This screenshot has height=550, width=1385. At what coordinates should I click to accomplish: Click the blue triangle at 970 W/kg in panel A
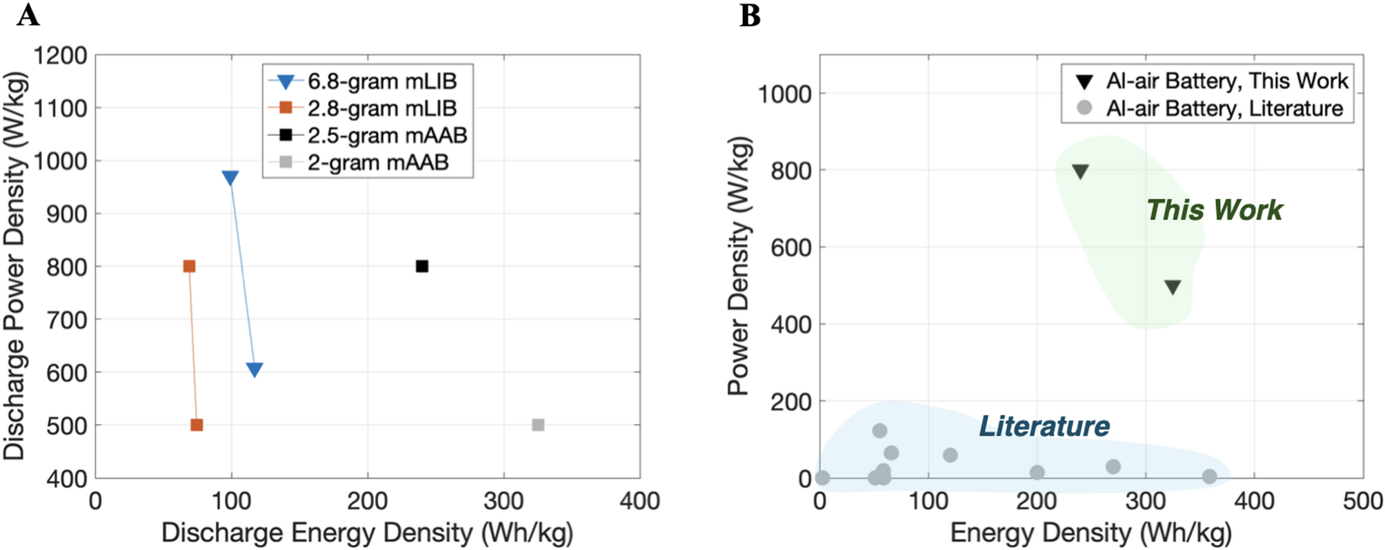pos(230,178)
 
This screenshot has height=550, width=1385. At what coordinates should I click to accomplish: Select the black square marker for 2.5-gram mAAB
pos(422,266)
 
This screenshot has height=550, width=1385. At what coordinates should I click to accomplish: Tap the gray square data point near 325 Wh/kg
pos(538,425)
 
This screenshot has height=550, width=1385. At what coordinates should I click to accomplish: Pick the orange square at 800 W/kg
pos(189,266)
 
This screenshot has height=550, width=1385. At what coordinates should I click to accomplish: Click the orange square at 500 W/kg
pos(197,425)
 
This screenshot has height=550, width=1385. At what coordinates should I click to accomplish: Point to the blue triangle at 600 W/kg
pos(255,370)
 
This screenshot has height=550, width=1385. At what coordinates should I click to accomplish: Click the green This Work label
pos(1214,210)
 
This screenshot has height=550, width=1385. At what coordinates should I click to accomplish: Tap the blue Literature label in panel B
pos(1044,426)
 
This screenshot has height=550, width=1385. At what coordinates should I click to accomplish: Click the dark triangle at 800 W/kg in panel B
pos(1080,172)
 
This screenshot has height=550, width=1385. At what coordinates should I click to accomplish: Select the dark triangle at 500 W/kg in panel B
pos(1173,287)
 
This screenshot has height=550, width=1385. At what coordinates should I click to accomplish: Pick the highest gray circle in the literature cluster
pos(879,431)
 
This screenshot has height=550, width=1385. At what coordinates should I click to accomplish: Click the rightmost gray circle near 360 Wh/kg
pos(1209,476)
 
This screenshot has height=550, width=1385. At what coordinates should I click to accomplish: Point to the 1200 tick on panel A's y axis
pos(61,55)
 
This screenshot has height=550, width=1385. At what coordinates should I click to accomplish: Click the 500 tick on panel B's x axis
pos(1362,501)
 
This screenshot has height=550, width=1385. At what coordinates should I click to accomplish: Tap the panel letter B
pos(750,15)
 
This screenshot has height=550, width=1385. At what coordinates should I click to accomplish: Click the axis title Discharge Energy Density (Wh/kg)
pos(367,533)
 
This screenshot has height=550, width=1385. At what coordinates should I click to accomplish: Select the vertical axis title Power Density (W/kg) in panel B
pos(739,265)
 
